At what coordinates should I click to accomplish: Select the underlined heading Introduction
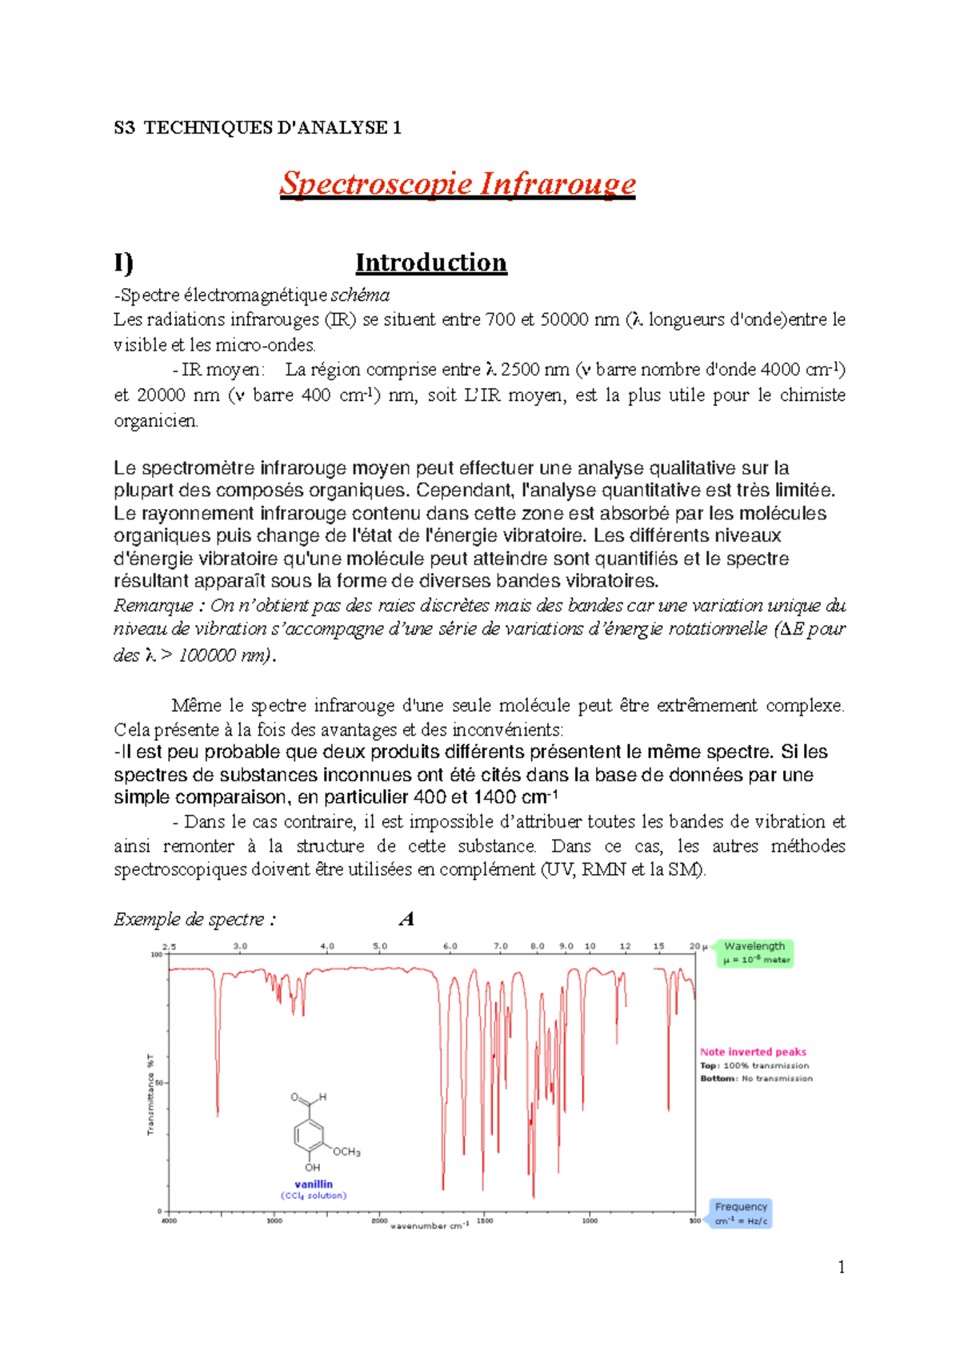click(431, 263)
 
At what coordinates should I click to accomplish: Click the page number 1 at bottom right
click(841, 1267)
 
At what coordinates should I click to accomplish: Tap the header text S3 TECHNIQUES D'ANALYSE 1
click(258, 128)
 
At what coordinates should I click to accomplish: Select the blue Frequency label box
click(741, 1213)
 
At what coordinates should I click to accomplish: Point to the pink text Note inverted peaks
click(753, 1052)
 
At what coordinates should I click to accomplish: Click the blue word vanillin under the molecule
click(314, 1184)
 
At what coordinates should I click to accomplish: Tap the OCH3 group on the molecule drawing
click(346, 1152)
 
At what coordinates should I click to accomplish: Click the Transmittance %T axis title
click(150, 1094)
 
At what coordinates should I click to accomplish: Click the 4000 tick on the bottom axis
click(169, 1221)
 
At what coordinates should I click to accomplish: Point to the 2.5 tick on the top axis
click(170, 946)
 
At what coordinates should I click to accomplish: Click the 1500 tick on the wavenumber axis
click(485, 1221)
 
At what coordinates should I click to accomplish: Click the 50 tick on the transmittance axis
click(158, 1083)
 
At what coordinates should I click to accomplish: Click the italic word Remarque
click(153, 605)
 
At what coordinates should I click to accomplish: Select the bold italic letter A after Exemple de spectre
click(406, 919)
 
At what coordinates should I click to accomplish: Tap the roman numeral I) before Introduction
click(123, 263)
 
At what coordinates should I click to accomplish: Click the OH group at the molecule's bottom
click(312, 1167)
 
